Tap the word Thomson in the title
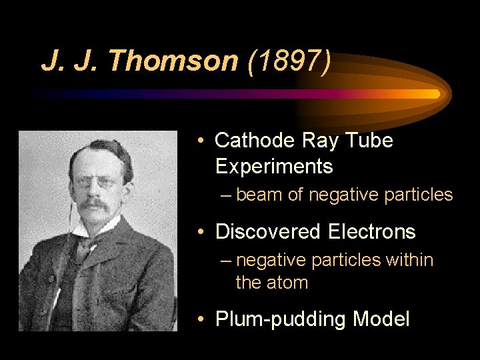[175, 61]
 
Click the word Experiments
[274, 166]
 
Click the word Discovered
[268, 232]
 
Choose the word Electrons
[372, 232]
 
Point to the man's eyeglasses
[94, 181]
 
